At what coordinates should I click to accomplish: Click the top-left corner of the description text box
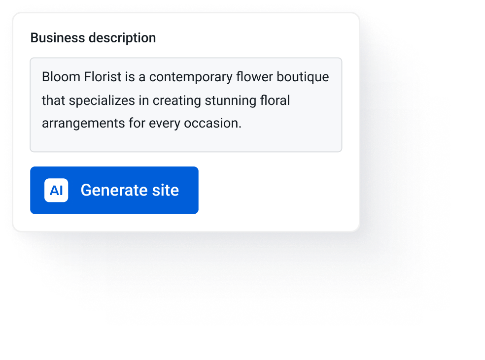pos(31,58)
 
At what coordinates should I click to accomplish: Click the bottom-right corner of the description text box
pos(342,152)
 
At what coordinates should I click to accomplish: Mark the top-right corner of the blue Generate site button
pos(198,167)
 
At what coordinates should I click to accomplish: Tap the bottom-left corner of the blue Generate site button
pos(31,214)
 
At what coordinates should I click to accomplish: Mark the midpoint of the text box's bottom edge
pos(186,152)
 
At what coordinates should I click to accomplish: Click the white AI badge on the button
pos(56,190)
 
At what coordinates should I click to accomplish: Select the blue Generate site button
pos(114,190)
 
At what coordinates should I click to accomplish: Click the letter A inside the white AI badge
pos(54,191)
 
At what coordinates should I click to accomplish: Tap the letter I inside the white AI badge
pos(61,191)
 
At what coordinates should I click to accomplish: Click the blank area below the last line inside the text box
pos(186,141)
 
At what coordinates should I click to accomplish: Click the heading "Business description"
pos(93,38)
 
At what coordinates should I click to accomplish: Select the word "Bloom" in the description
pos(61,77)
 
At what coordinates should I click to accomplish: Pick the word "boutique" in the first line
pos(303,77)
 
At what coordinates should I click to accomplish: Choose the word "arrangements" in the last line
pos(83,124)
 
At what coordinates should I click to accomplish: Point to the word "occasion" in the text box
pos(211,123)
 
